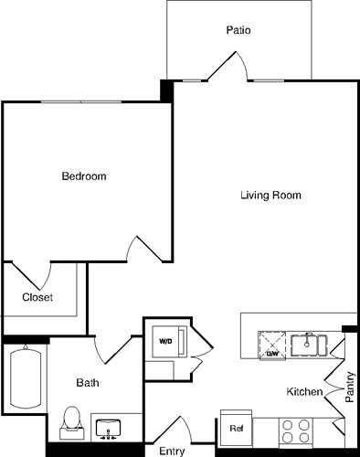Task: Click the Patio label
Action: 238,30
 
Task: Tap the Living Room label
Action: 270,196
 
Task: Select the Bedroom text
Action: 84,175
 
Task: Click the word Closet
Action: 37,297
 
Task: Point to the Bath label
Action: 88,383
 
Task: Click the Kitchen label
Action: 304,391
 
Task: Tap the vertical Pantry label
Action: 350,385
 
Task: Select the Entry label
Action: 172,451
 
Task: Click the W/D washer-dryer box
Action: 166,342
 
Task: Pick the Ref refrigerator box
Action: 236,428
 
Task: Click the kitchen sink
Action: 310,345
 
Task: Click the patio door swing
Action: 225,65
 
